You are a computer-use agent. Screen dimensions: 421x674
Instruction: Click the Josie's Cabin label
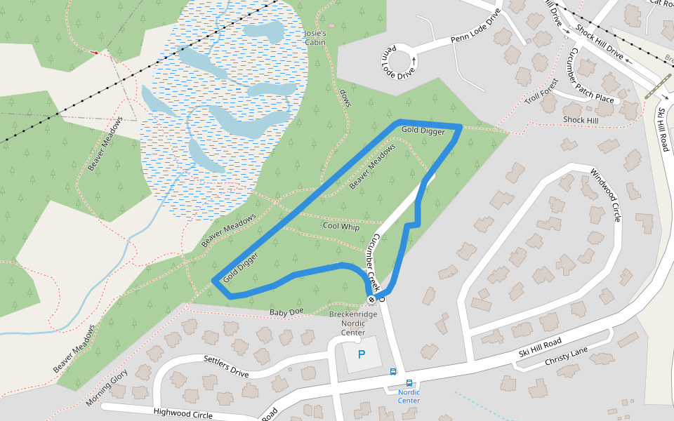[315, 38]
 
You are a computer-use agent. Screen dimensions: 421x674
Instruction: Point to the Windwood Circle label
[606, 195]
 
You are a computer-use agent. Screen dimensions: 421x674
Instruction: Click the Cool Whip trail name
[341, 227]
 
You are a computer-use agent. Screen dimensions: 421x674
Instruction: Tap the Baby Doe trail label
[286, 312]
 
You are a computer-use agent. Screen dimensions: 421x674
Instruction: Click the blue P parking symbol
[362, 354]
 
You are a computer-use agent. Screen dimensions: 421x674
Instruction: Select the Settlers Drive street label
[226, 366]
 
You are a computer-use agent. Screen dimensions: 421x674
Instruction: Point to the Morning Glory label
[107, 387]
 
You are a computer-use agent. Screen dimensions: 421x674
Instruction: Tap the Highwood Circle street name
[183, 414]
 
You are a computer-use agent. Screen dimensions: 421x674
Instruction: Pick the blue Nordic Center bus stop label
[409, 396]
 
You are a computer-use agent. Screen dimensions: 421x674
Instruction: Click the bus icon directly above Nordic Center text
[392, 372]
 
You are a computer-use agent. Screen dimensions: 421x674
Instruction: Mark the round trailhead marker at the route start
[371, 300]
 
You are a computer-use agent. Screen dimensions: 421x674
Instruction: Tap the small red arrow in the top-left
[95, 52]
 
